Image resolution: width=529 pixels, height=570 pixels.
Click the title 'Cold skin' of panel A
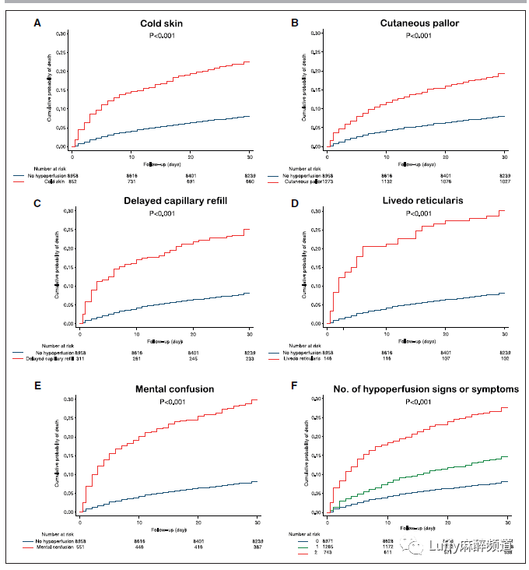click(x=163, y=23)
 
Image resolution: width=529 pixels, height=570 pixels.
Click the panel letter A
click(x=37, y=23)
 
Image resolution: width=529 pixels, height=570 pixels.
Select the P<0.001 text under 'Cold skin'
click(x=163, y=36)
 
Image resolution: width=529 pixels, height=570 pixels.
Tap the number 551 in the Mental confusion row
click(x=77, y=547)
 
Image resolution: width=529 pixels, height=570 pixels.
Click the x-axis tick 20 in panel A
click(x=191, y=154)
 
